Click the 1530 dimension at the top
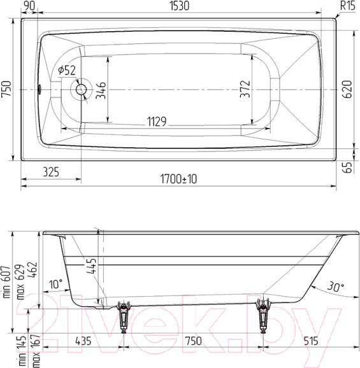pyautogui.click(x=178, y=6)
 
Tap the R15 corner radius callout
pyautogui.click(x=347, y=6)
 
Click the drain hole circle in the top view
pyautogui.click(x=81, y=90)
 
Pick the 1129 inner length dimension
pyautogui.click(x=157, y=121)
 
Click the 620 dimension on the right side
pyautogui.click(x=347, y=90)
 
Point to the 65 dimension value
pyautogui.click(x=347, y=168)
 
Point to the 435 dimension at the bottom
pyautogui.click(x=83, y=341)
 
